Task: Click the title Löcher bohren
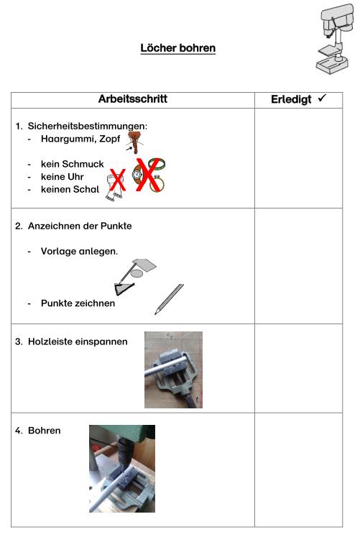pos(177,48)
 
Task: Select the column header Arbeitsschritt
pos(133,99)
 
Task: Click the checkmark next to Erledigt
pos(321,98)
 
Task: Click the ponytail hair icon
pos(133,141)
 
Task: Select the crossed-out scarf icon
pos(116,183)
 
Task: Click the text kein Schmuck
pos(72,164)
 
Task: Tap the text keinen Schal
pos(70,189)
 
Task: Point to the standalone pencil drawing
pos(169,298)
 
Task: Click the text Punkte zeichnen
pos(78,303)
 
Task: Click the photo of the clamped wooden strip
pos(173,370)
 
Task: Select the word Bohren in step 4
pos(45,431)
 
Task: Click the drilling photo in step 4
pos(121,468)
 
